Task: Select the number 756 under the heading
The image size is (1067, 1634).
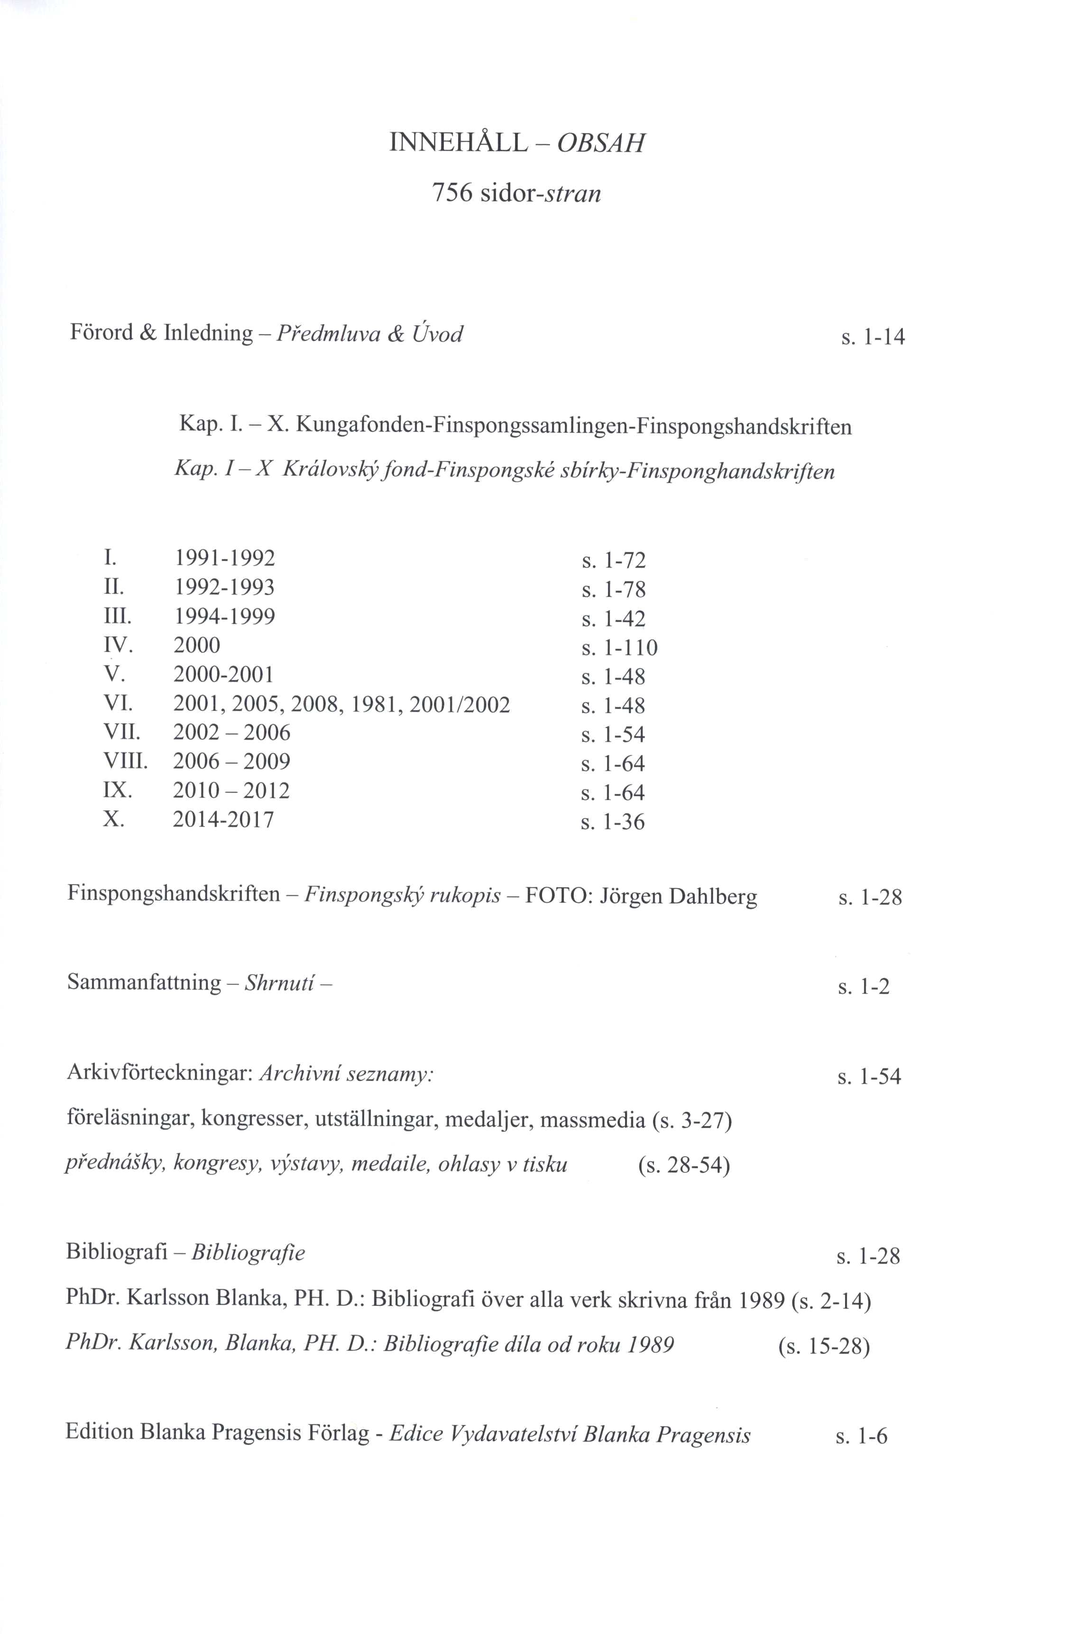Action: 452,194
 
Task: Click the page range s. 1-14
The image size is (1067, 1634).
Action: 872,337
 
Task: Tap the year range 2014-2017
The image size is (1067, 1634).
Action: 223,819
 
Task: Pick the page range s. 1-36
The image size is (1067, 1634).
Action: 613,822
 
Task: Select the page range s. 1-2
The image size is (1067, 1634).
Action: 863,987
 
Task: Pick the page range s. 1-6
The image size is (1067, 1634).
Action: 861,1436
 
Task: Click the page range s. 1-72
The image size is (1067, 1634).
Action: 613,561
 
